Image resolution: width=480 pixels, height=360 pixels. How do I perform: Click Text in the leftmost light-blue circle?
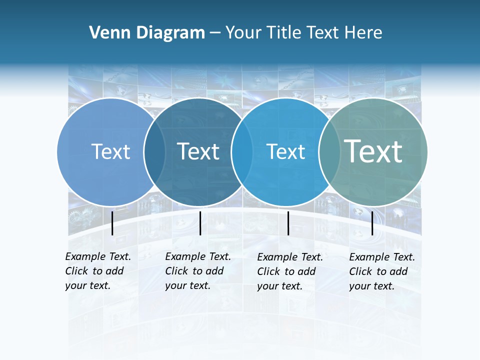tap(110, 151)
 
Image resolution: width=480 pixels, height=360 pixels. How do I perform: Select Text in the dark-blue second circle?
tap(198, 151)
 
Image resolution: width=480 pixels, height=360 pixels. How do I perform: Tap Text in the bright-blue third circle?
tap(285, 151)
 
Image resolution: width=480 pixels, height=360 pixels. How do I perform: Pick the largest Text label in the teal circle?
tap(373, 151)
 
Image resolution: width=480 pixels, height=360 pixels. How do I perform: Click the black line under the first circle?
tap(112, 223)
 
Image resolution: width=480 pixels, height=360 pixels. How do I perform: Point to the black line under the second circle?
tap(200, 223)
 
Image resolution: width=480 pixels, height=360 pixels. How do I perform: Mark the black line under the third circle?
tap(288, 223)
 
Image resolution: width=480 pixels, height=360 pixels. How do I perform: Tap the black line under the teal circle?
tap(372, 223)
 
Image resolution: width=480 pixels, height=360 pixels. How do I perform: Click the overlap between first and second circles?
tap(155, 152)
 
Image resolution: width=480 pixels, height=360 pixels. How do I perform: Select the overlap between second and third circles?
tap(242, 152)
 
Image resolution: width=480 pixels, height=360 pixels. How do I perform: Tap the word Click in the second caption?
tap(176, 271)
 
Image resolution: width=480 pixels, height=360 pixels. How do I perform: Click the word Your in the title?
tap(243, 33)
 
